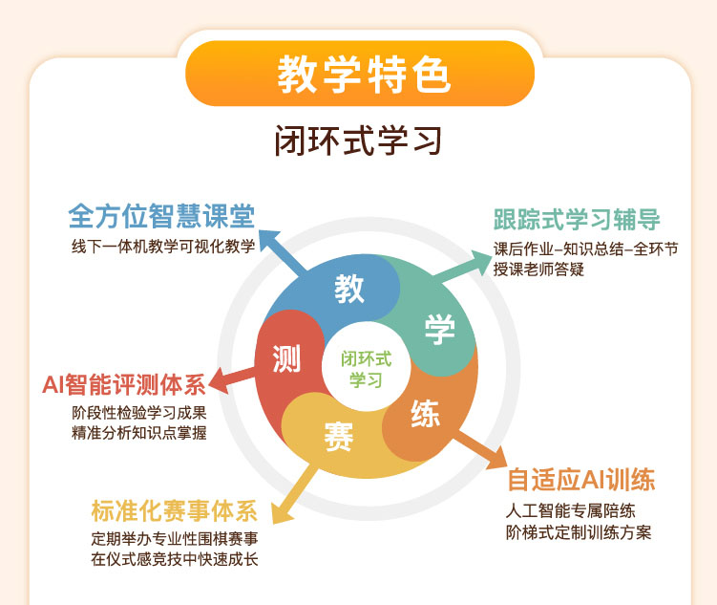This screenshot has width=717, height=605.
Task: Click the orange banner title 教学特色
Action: point(364,75)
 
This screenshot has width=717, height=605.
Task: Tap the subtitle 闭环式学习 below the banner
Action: point(358,140)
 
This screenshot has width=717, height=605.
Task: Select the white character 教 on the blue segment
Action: point(348,289)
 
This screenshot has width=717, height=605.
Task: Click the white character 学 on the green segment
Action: point(439,329)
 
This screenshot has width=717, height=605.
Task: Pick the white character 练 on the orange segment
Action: point(425,414)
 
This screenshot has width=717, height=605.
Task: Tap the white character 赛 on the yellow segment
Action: point(339,437)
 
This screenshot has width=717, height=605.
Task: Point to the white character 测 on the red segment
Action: point(286,358)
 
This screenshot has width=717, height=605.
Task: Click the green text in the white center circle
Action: point(367,369)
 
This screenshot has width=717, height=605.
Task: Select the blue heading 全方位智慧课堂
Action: point(161,216)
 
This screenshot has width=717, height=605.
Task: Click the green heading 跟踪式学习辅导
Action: point(577,219)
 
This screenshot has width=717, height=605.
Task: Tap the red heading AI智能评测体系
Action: point(124,384)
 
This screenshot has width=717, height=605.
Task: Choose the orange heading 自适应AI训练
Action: point(581,480)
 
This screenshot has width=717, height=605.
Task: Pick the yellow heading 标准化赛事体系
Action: point(174,510)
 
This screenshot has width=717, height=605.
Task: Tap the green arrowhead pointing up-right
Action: point(480,261)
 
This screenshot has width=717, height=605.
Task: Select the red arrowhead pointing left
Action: point(219,381)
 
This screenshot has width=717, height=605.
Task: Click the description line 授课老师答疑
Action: point(538,270)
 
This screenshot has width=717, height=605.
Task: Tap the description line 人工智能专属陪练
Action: point(570,511)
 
